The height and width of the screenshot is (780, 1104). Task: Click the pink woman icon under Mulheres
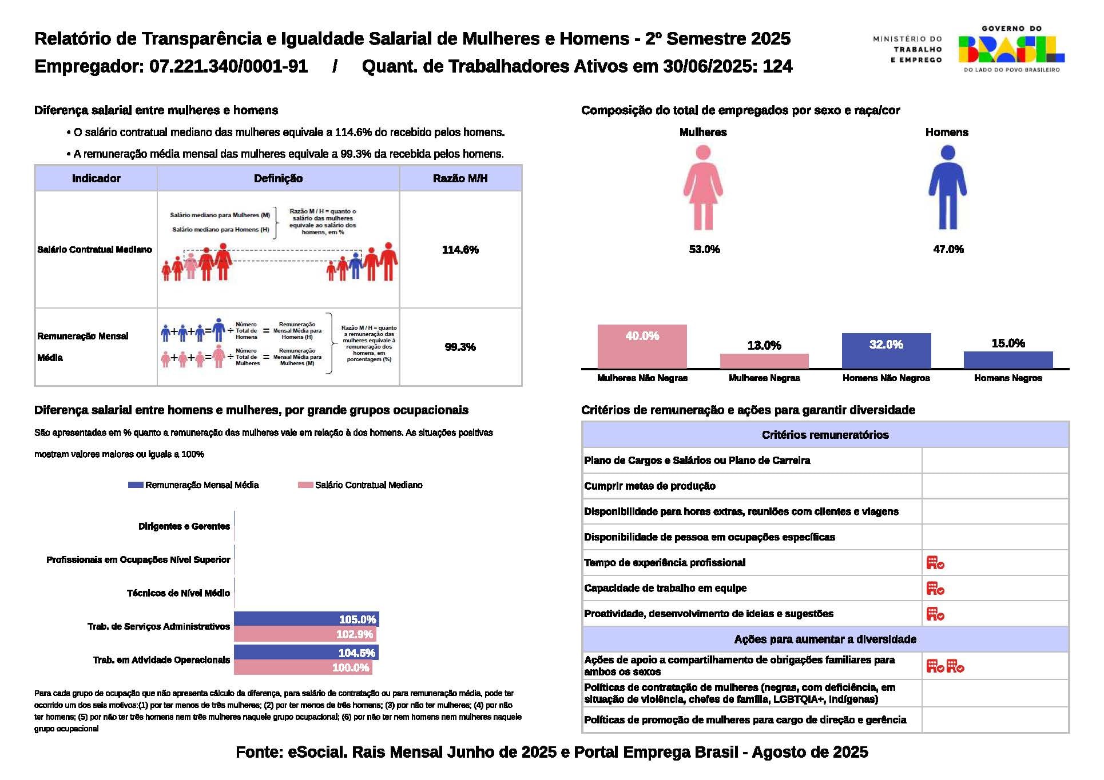[x=703, y=187]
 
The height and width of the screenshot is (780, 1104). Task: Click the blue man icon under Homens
[x=947, y=187]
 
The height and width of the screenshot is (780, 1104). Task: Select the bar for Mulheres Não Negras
[x=642, y=346]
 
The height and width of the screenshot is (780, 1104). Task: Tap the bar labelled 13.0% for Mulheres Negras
[x=764, y=361]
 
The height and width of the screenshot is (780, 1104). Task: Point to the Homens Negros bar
[x=1008, y=359]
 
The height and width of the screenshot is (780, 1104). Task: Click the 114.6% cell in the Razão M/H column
[x=460, y=250]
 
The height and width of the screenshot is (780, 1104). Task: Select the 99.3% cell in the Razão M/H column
[x=460, y=347]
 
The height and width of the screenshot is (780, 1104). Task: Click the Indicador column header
[x=96, y=178]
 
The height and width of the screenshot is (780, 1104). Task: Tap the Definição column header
[x=278, y=178]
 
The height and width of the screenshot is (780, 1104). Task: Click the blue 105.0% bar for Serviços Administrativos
[x=306, y=619]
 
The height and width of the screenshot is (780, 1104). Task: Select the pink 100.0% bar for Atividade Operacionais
[x=303, y=667]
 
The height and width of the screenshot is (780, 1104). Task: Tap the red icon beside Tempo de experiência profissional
[x=935, y=563]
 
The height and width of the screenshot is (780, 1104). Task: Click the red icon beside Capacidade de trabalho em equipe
[x=935, y=589]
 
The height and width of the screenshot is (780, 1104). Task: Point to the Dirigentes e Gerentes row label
[x=184, y=526]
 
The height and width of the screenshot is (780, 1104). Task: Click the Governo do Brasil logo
[x=1011, y=49]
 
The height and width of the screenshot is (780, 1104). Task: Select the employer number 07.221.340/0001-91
[x=228, y=67]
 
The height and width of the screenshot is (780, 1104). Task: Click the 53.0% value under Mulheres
[x=704, y=249]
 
